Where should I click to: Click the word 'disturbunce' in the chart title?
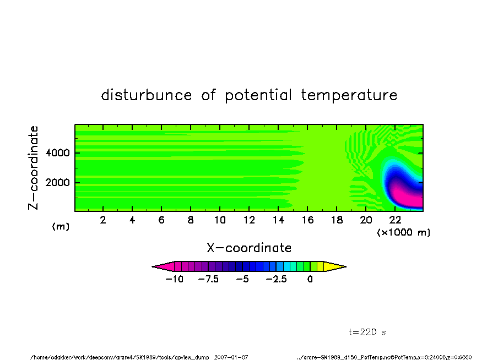[x=147, y=95]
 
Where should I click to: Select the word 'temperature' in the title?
[x=349, y=95]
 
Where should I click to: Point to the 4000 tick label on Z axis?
[x=57, y=153]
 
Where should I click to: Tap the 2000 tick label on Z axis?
[x=57, y=183]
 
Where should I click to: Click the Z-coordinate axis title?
[x=33, y=168]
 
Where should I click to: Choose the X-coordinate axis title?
[x=249, y=248]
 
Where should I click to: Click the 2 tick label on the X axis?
[x=103, y=220]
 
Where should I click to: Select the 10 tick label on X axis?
[x=220, y=220]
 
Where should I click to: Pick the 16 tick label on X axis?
[x=307, y=220]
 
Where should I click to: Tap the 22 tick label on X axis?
[x=395, y=220]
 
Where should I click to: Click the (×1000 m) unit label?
[x=403, y=232]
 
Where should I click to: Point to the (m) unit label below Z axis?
[x=61, y=226]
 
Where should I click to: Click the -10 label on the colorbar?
[x=175, y=279]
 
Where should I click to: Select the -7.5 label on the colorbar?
[x=208, y=279]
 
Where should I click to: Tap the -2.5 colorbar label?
[x=277, y=279]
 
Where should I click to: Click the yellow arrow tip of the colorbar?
[x=346, y=266]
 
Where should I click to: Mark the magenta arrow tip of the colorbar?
[x=152, y=266]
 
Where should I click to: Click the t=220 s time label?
[x=367, y=332]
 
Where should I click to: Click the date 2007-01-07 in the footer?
[x=231, y=357]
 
